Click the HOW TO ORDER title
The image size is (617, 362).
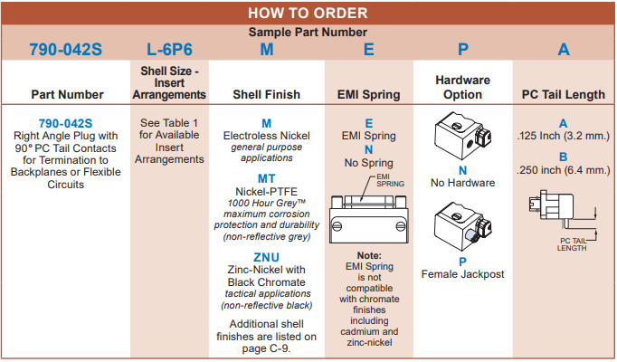(308, 13)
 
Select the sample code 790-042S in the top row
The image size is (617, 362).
(65, 50)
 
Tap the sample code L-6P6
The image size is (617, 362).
(168, 50)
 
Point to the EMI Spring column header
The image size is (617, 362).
(368, 94)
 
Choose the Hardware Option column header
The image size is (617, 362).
(462, 87)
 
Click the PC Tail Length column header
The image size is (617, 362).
(563, 94)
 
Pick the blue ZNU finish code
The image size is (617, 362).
(266, 257)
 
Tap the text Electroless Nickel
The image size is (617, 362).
(266, 136)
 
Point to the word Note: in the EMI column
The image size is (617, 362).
(369, 256)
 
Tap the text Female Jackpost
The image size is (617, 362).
(462, 274)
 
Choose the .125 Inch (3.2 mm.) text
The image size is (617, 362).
(563, 138)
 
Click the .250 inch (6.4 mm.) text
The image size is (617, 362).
(563, 169)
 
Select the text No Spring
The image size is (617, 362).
(368, 164)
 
